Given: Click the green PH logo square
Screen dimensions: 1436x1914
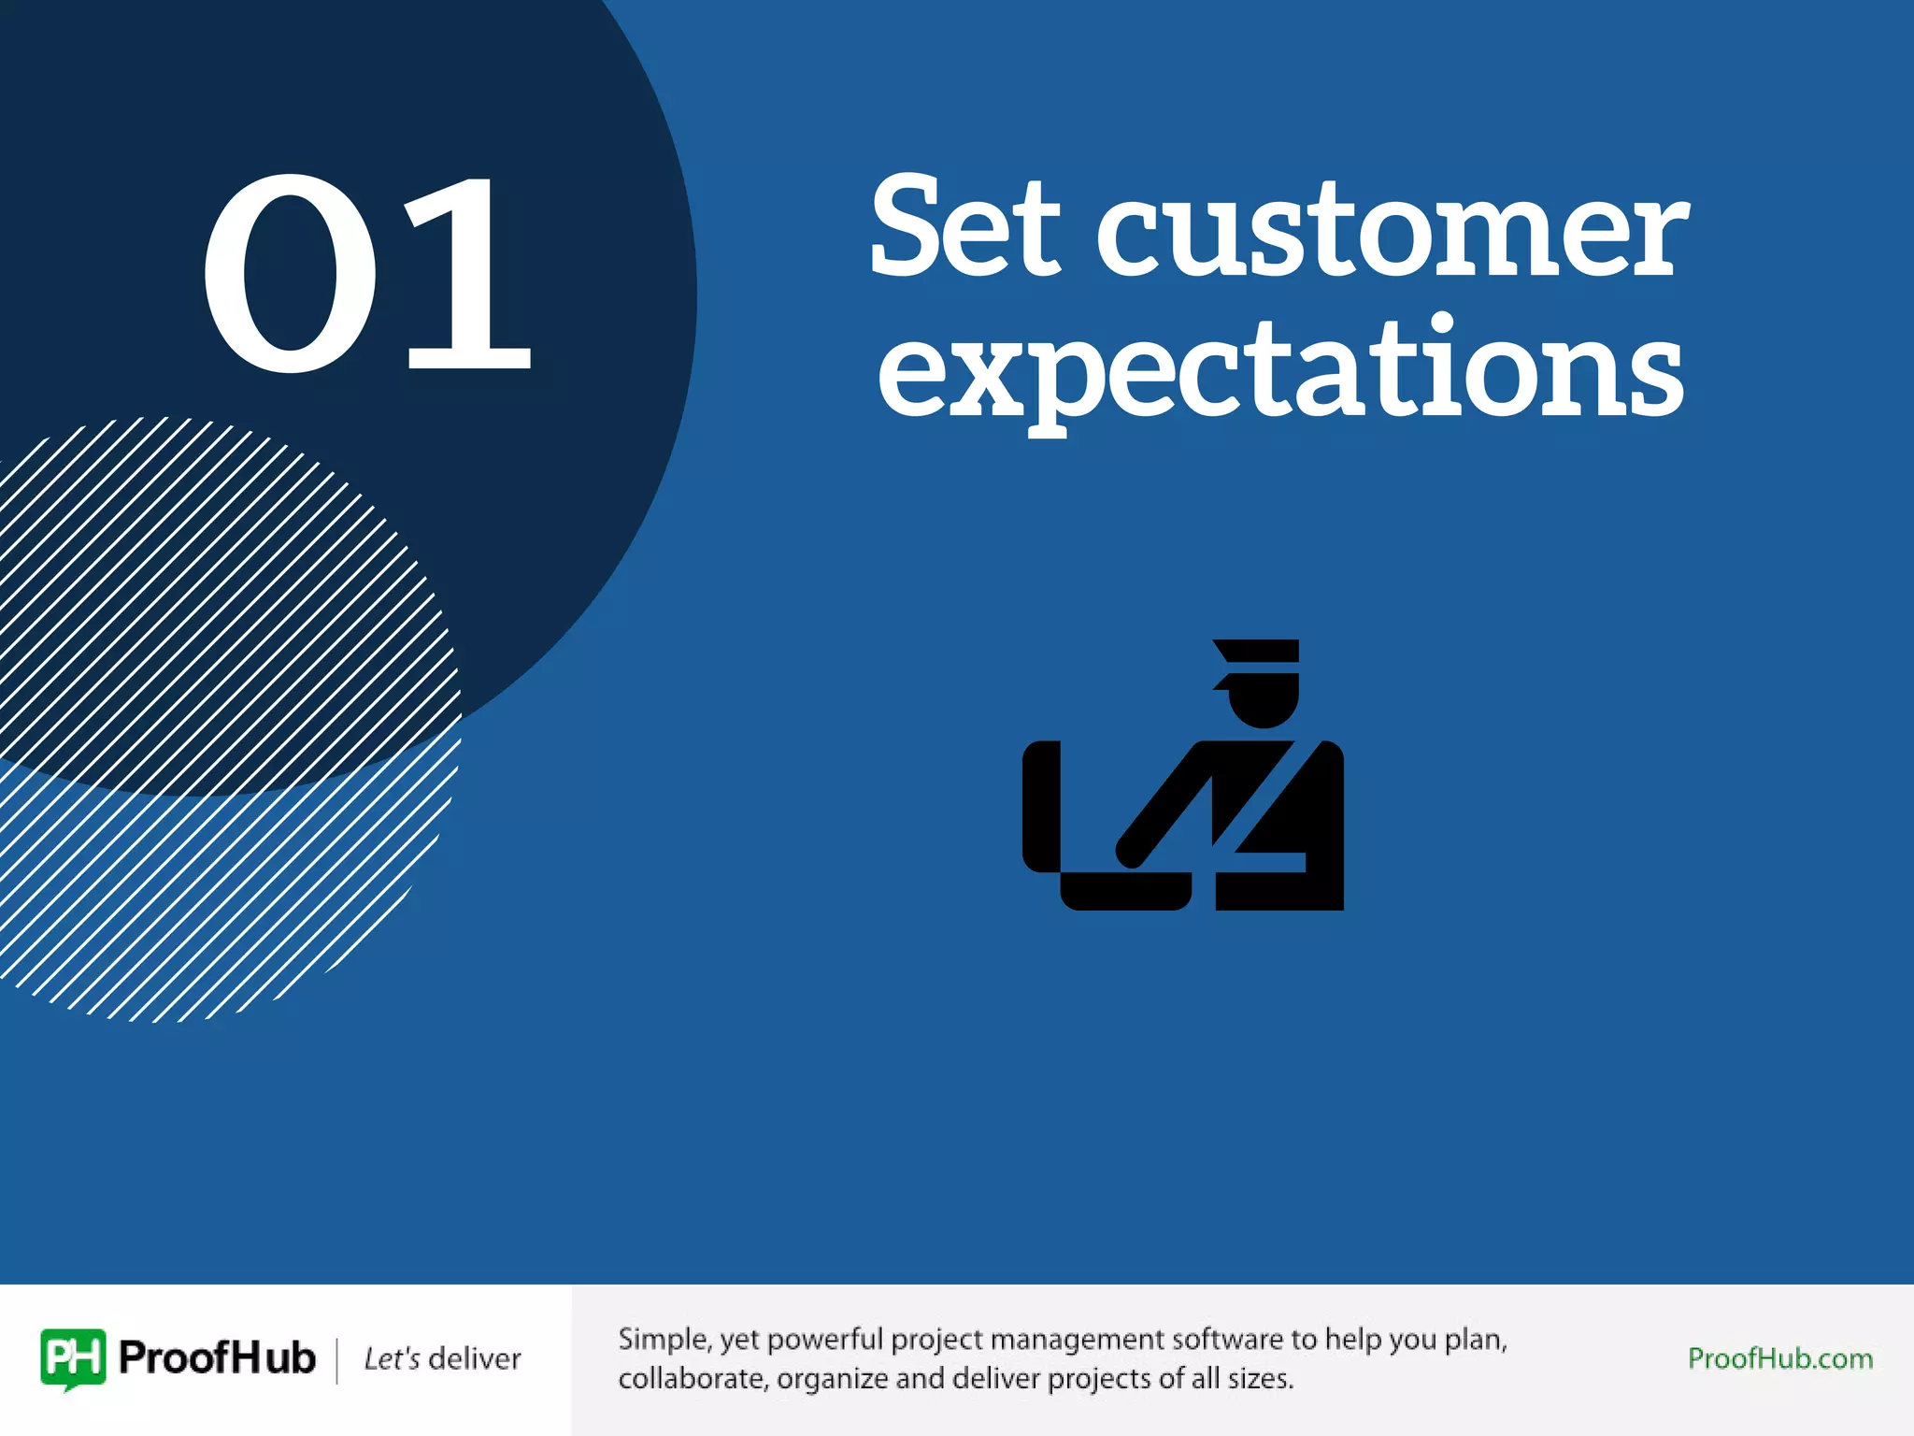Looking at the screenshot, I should coord(73,1357).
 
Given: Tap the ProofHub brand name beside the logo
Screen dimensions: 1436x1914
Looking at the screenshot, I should coord(217,1357).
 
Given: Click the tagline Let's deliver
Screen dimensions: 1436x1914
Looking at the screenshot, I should coord(442,1358).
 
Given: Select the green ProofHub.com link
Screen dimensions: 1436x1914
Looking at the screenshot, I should coord(1779,1358).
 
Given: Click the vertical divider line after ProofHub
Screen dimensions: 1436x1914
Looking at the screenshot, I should coord(337,1359).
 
